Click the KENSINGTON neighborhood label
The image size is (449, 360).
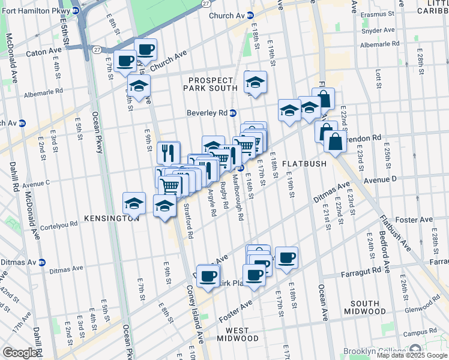(x=112, y=218)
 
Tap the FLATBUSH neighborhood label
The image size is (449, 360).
(x=304, y=163)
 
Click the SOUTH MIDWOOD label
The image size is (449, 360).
(x=365, y=307)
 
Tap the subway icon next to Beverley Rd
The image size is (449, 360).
(x=234, y=113)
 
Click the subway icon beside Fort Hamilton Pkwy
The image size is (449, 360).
(x=76, y=11)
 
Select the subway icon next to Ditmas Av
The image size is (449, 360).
(x=41, y=262)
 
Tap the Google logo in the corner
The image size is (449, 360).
(x=20, y=353)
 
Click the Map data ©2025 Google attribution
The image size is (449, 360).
(x=412, y=355)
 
